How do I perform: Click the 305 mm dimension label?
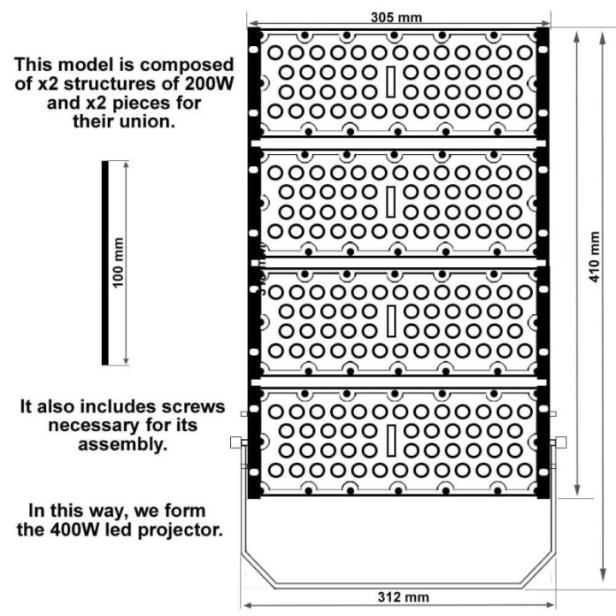(395, 16)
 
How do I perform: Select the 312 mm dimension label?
(403, 596)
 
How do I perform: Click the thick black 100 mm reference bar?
(104, 263)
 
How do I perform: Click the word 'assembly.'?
(122, 444)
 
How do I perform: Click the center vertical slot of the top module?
(389, 81)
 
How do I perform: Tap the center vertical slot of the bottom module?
(389, 440)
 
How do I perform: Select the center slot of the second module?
(389, 202)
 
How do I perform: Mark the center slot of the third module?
(389, 321)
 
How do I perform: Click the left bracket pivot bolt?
(238, 442)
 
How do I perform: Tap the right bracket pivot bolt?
(561, 442)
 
